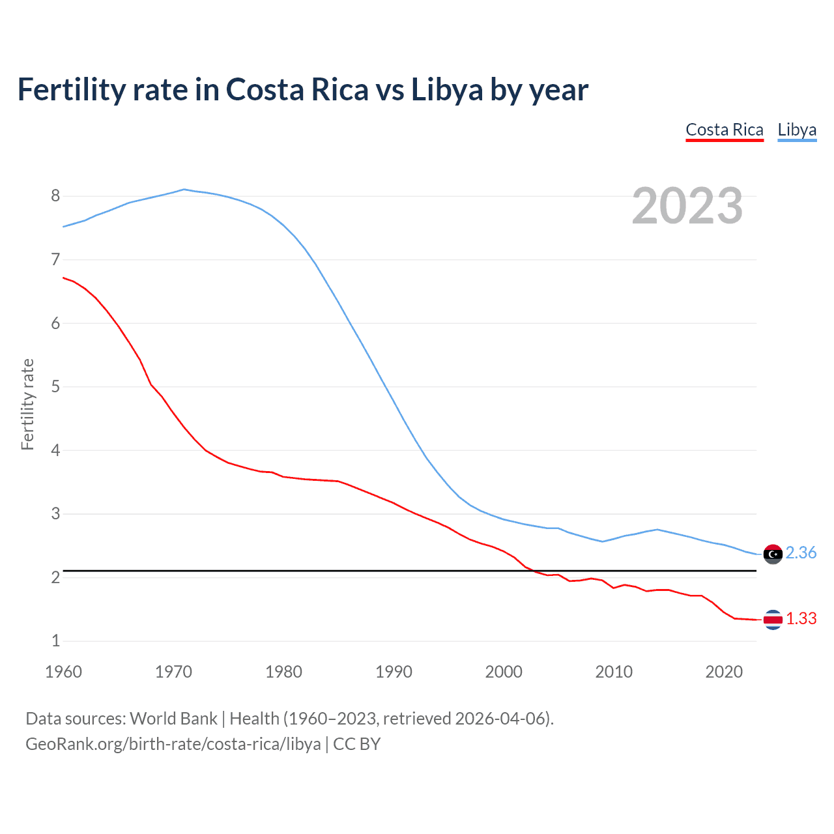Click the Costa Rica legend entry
724,130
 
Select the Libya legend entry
797,130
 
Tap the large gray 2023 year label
687,206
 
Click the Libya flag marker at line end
773,554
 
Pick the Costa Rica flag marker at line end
773,620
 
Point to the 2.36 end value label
801,553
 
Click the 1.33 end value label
801,619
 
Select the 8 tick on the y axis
55,196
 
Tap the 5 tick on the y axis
55,387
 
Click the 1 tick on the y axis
55,641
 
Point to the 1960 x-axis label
63,672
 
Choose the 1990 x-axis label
394,672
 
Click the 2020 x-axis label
724,672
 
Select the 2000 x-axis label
504,672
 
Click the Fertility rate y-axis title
27,404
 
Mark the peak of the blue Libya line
184,190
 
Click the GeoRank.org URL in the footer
173,744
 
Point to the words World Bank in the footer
173,719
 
